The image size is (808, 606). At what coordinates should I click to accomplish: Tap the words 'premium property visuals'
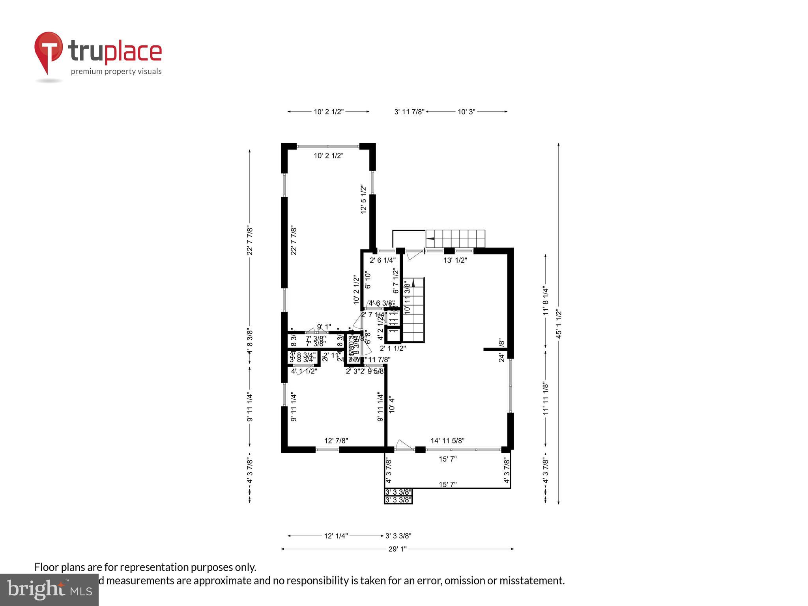116,71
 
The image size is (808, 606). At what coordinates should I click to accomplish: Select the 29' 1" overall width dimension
397,549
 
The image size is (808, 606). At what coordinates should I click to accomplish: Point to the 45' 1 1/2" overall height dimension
558,324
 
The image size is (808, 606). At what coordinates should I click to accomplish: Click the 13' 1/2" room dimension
455,260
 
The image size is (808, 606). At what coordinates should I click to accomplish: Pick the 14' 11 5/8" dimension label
447,440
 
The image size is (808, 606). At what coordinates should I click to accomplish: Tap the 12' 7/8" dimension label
336,440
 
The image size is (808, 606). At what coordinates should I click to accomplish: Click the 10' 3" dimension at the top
466,112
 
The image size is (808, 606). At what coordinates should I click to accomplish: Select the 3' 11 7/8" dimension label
409,112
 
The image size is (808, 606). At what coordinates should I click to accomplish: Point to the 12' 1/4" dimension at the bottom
336,536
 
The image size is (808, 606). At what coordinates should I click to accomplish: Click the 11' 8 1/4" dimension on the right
546,301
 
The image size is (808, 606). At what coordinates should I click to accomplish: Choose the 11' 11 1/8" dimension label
546,398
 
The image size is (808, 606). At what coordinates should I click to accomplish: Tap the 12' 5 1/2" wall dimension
364,199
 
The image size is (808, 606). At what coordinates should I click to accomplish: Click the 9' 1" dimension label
324,327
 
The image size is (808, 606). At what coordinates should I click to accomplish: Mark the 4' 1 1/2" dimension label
304,371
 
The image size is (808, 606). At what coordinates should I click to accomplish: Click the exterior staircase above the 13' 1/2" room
455,238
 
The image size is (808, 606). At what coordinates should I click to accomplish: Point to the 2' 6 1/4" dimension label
382,260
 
